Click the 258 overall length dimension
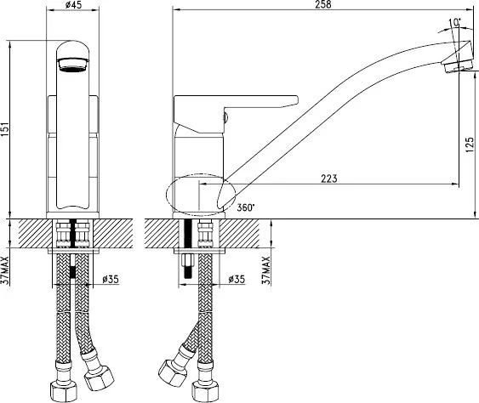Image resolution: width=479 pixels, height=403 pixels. click(323, 4)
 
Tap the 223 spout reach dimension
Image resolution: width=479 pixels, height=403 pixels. click(329, 179)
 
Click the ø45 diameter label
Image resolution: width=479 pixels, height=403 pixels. click(74, 4)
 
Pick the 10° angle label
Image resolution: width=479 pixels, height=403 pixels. click(455, 22)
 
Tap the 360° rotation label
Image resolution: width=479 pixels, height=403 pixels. click(246, 207)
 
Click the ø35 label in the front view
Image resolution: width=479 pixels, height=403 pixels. click(110, 280)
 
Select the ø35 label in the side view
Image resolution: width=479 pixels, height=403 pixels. click(237, 280)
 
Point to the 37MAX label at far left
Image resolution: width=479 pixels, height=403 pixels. click(7, 270)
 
